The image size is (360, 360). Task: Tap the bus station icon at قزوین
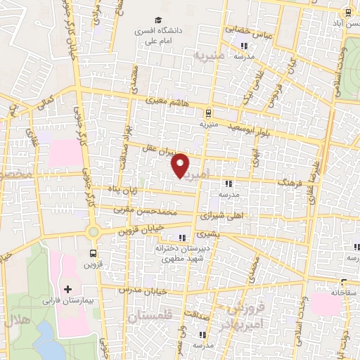(94, 253)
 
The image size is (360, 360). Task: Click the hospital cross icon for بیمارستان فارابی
(67, 289)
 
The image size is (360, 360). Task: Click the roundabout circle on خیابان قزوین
(93, 232)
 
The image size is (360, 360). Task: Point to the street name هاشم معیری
(168, 103)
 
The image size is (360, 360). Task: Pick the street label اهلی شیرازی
(224, 215)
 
